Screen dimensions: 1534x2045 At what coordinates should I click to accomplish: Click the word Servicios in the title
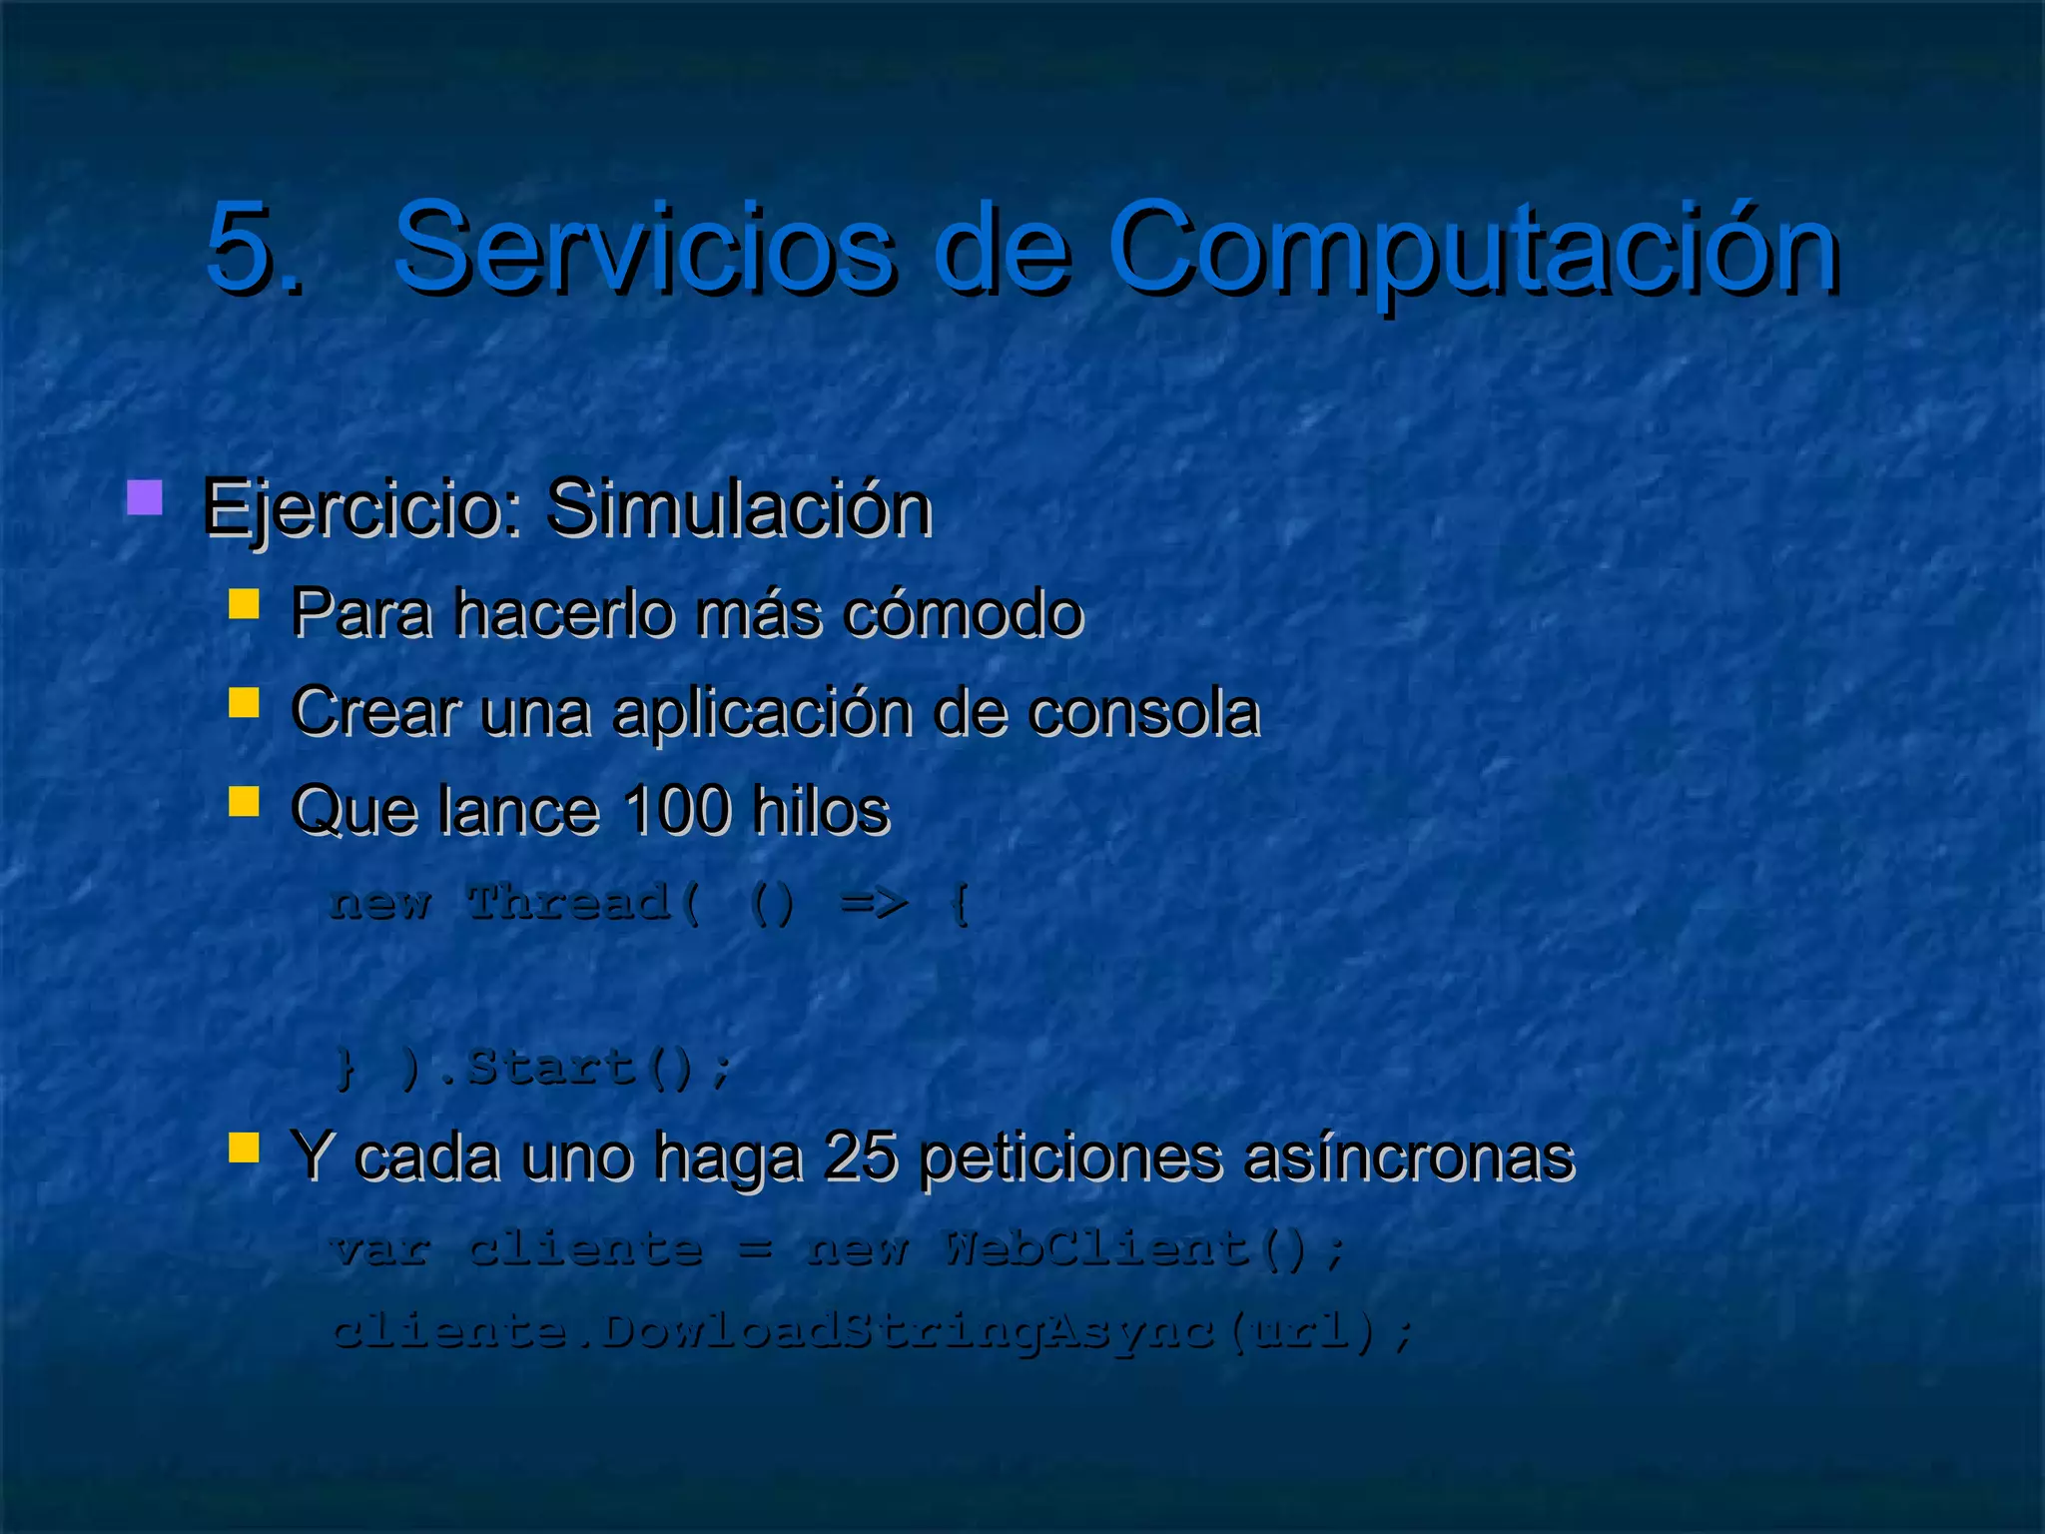644,247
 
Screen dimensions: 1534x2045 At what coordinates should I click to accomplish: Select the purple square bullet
145,497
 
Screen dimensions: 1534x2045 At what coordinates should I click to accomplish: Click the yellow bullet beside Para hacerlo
244,604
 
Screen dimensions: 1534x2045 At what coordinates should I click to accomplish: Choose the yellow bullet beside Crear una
244,702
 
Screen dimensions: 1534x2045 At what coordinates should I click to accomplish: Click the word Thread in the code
569,903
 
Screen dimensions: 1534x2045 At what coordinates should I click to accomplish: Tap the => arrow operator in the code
874,903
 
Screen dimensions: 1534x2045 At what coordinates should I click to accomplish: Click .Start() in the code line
585,1067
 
